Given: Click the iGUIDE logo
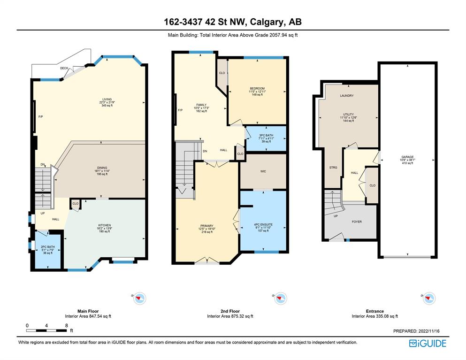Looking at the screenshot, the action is [428, 344].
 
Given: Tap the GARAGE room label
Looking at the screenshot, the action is [407, 157].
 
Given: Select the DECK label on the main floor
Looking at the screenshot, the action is [64, 68].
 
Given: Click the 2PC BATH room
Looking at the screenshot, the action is [48, 250].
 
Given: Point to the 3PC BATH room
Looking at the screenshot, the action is [266, 138].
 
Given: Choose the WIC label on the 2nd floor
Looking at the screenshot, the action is [263, 171].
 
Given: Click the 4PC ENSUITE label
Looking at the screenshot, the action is [263, 224].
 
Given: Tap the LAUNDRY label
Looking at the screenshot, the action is [347, 96].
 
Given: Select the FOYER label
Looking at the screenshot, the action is [357, 222].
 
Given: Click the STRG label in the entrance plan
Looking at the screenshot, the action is [333, 168].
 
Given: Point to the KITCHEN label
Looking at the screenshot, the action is [105, 225].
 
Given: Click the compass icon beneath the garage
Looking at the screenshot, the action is [429, 298].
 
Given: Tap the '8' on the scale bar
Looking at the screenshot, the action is [67, 326].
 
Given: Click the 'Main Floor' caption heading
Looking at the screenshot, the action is [88, 311].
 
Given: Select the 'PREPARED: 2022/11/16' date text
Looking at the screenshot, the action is [416, 331].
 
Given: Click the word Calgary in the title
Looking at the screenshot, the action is [266, 22].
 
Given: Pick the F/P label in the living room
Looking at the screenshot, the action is [41, 117].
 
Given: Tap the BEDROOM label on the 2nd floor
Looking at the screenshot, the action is [257, 89].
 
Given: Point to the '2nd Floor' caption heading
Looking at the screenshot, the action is [230, 311].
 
